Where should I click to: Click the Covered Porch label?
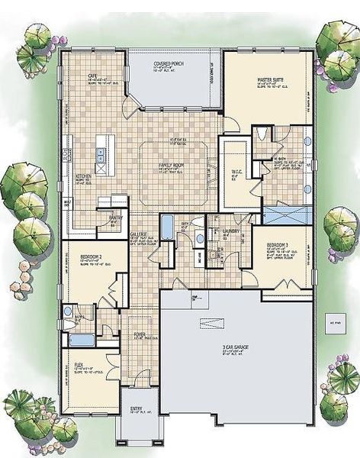click(x=169, y=63)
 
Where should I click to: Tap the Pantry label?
click(x=116, y=217)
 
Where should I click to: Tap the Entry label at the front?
click(x=137, y=407)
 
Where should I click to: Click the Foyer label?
click(x=140, y=334)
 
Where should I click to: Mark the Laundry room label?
click(x=231, y=230)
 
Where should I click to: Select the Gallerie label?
click(x=138, y=236)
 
